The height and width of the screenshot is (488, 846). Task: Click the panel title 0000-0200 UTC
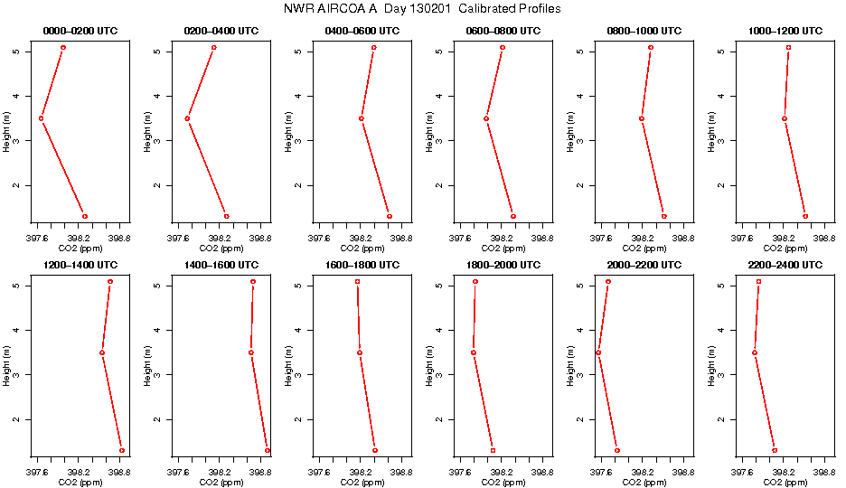click(x=80, y=31)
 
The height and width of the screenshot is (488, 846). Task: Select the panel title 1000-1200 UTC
click(x=785, y=31)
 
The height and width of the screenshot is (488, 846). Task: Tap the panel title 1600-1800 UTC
click(x=362, y=265)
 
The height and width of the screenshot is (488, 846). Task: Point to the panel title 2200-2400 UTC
click(x=785, y=265)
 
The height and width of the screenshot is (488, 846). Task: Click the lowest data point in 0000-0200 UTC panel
click(x=85, y=216)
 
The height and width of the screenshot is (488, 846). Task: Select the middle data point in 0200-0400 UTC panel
click(x=187, y=118)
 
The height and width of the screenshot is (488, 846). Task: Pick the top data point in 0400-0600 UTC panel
click(x=373, y=47)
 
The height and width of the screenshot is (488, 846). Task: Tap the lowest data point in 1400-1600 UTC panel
click(x=267, y=450)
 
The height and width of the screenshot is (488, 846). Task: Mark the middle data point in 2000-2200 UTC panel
click(x=598, y=352)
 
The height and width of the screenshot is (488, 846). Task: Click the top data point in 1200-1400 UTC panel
click(x=110, y=281)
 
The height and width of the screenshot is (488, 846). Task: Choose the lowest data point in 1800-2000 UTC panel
click(x=493, y=450)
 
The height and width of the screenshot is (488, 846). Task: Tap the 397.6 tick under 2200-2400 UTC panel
click(x=742, y=474)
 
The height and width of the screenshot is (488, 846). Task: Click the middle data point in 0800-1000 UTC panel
click(x=642, y=118)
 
